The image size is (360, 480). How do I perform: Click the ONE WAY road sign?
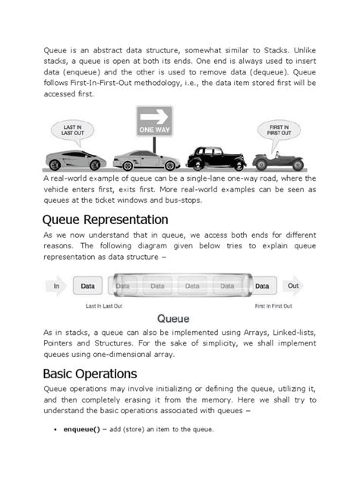[x=154, y=122]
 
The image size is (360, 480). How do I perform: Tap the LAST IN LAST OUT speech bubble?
[x=74, y=131]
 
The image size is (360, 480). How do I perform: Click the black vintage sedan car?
[x=216, y=158]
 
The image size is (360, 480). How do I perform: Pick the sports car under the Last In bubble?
[x=75, y=160]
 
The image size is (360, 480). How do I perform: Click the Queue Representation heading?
[x=106, y=219]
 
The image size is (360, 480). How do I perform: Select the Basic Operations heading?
[x=90, y=374]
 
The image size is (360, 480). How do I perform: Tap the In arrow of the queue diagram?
[x=55, y=286]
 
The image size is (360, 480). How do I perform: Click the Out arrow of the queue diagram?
[x=293, y=286]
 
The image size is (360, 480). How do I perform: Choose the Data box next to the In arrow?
[x=88, y=286]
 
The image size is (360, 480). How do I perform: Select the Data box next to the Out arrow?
[x=262, y=286]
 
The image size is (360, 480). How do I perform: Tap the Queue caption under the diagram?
[x=173, y=319]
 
